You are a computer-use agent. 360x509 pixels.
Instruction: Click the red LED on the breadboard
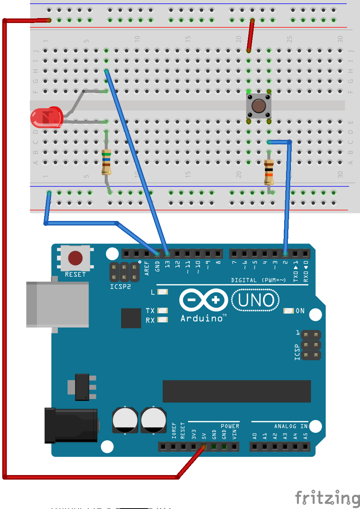(46, 117)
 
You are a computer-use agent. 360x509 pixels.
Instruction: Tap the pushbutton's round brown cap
(258, 106)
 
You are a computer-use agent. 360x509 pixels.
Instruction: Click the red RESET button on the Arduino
(75, 258)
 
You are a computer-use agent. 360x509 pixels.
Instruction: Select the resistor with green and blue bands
(106, 161)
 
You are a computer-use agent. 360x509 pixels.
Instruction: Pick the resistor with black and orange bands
(269, 172)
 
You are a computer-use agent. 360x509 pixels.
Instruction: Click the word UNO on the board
(256, 300)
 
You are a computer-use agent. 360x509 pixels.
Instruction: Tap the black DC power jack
(71, 425)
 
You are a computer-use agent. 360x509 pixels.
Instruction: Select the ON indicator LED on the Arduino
(288, 311)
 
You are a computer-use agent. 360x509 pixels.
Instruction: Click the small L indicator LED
(163, 292)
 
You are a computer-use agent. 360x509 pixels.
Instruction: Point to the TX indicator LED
(163, 311)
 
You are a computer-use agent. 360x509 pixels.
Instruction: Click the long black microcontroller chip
(237, 391)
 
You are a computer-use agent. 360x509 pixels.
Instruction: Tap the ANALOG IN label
(291, 426)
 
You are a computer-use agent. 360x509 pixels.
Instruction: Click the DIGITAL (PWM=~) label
(258, 280)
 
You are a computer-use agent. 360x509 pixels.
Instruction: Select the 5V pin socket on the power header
(203, 447)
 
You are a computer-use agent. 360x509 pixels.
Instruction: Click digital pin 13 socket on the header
(167, 253)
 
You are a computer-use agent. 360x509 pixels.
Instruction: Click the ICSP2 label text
(120, 287)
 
